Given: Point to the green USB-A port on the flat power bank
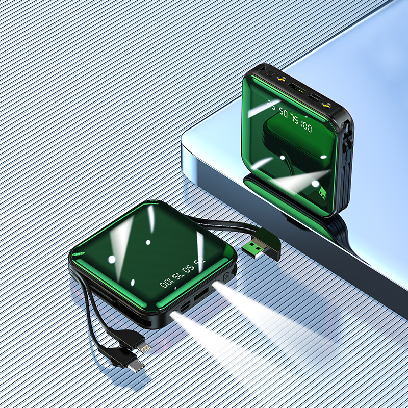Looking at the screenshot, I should [200, 295].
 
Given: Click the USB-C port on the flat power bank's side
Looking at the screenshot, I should [185, 307].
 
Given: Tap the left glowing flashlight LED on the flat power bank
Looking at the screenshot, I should [173, 315].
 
